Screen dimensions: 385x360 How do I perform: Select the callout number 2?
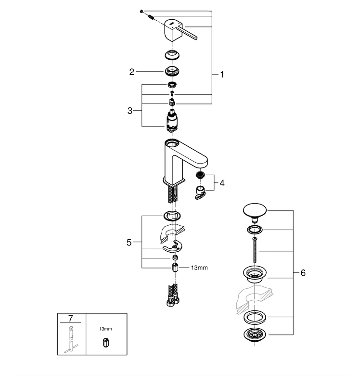pos(131,72)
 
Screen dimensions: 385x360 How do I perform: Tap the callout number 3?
pos(130,110)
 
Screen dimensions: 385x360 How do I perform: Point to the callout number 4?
pos(222,183)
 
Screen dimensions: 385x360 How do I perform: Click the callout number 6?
pos(303,273)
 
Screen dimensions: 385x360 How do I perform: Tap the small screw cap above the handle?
pos(141,11)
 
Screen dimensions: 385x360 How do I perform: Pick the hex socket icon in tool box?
pos(105,343)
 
